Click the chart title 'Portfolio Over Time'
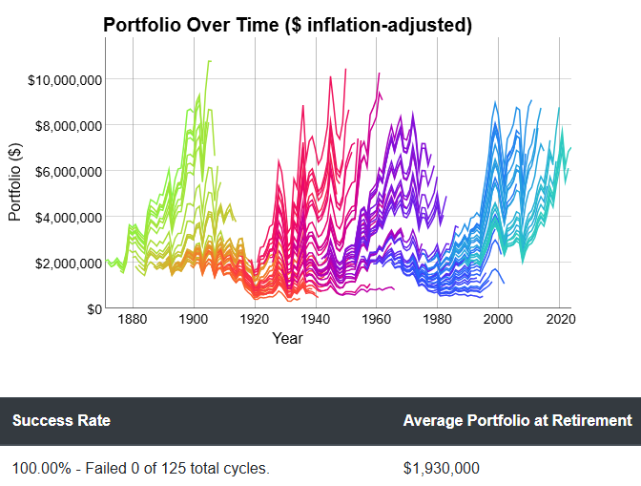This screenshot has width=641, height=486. (287, 26)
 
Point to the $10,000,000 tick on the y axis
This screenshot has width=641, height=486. (65, 79)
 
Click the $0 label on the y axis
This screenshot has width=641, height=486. (93, 308)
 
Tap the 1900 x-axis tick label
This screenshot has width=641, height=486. (194, 322)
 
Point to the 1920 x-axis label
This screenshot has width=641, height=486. (255, 322)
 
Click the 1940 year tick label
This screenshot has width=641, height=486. (316, 322)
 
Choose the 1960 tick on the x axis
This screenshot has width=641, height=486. (377, 322)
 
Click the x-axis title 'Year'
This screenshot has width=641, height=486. (287, 339)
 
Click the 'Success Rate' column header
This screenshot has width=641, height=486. (61, 420)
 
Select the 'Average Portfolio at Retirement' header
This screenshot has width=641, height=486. (517, 420)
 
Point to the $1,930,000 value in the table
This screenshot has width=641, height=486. (441, 468)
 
